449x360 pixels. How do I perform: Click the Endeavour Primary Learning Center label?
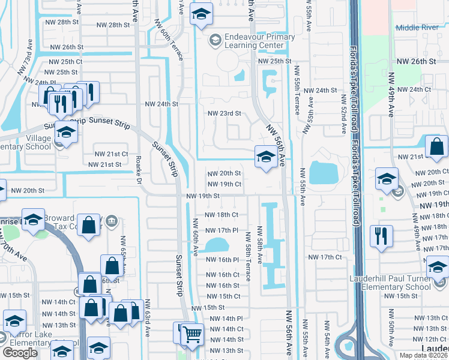tap(260, 41)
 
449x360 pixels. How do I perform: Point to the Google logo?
tap(20, 353)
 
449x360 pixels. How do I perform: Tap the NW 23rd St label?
tap(224, 113)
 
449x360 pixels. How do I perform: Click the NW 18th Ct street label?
tap(221, 214)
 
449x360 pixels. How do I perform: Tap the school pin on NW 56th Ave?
tap(265, 158)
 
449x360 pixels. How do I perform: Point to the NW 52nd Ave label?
tap(343, 119)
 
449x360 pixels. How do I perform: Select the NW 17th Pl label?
tap(222, 230)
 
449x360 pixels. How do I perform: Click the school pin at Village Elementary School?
tap(66, 134)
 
